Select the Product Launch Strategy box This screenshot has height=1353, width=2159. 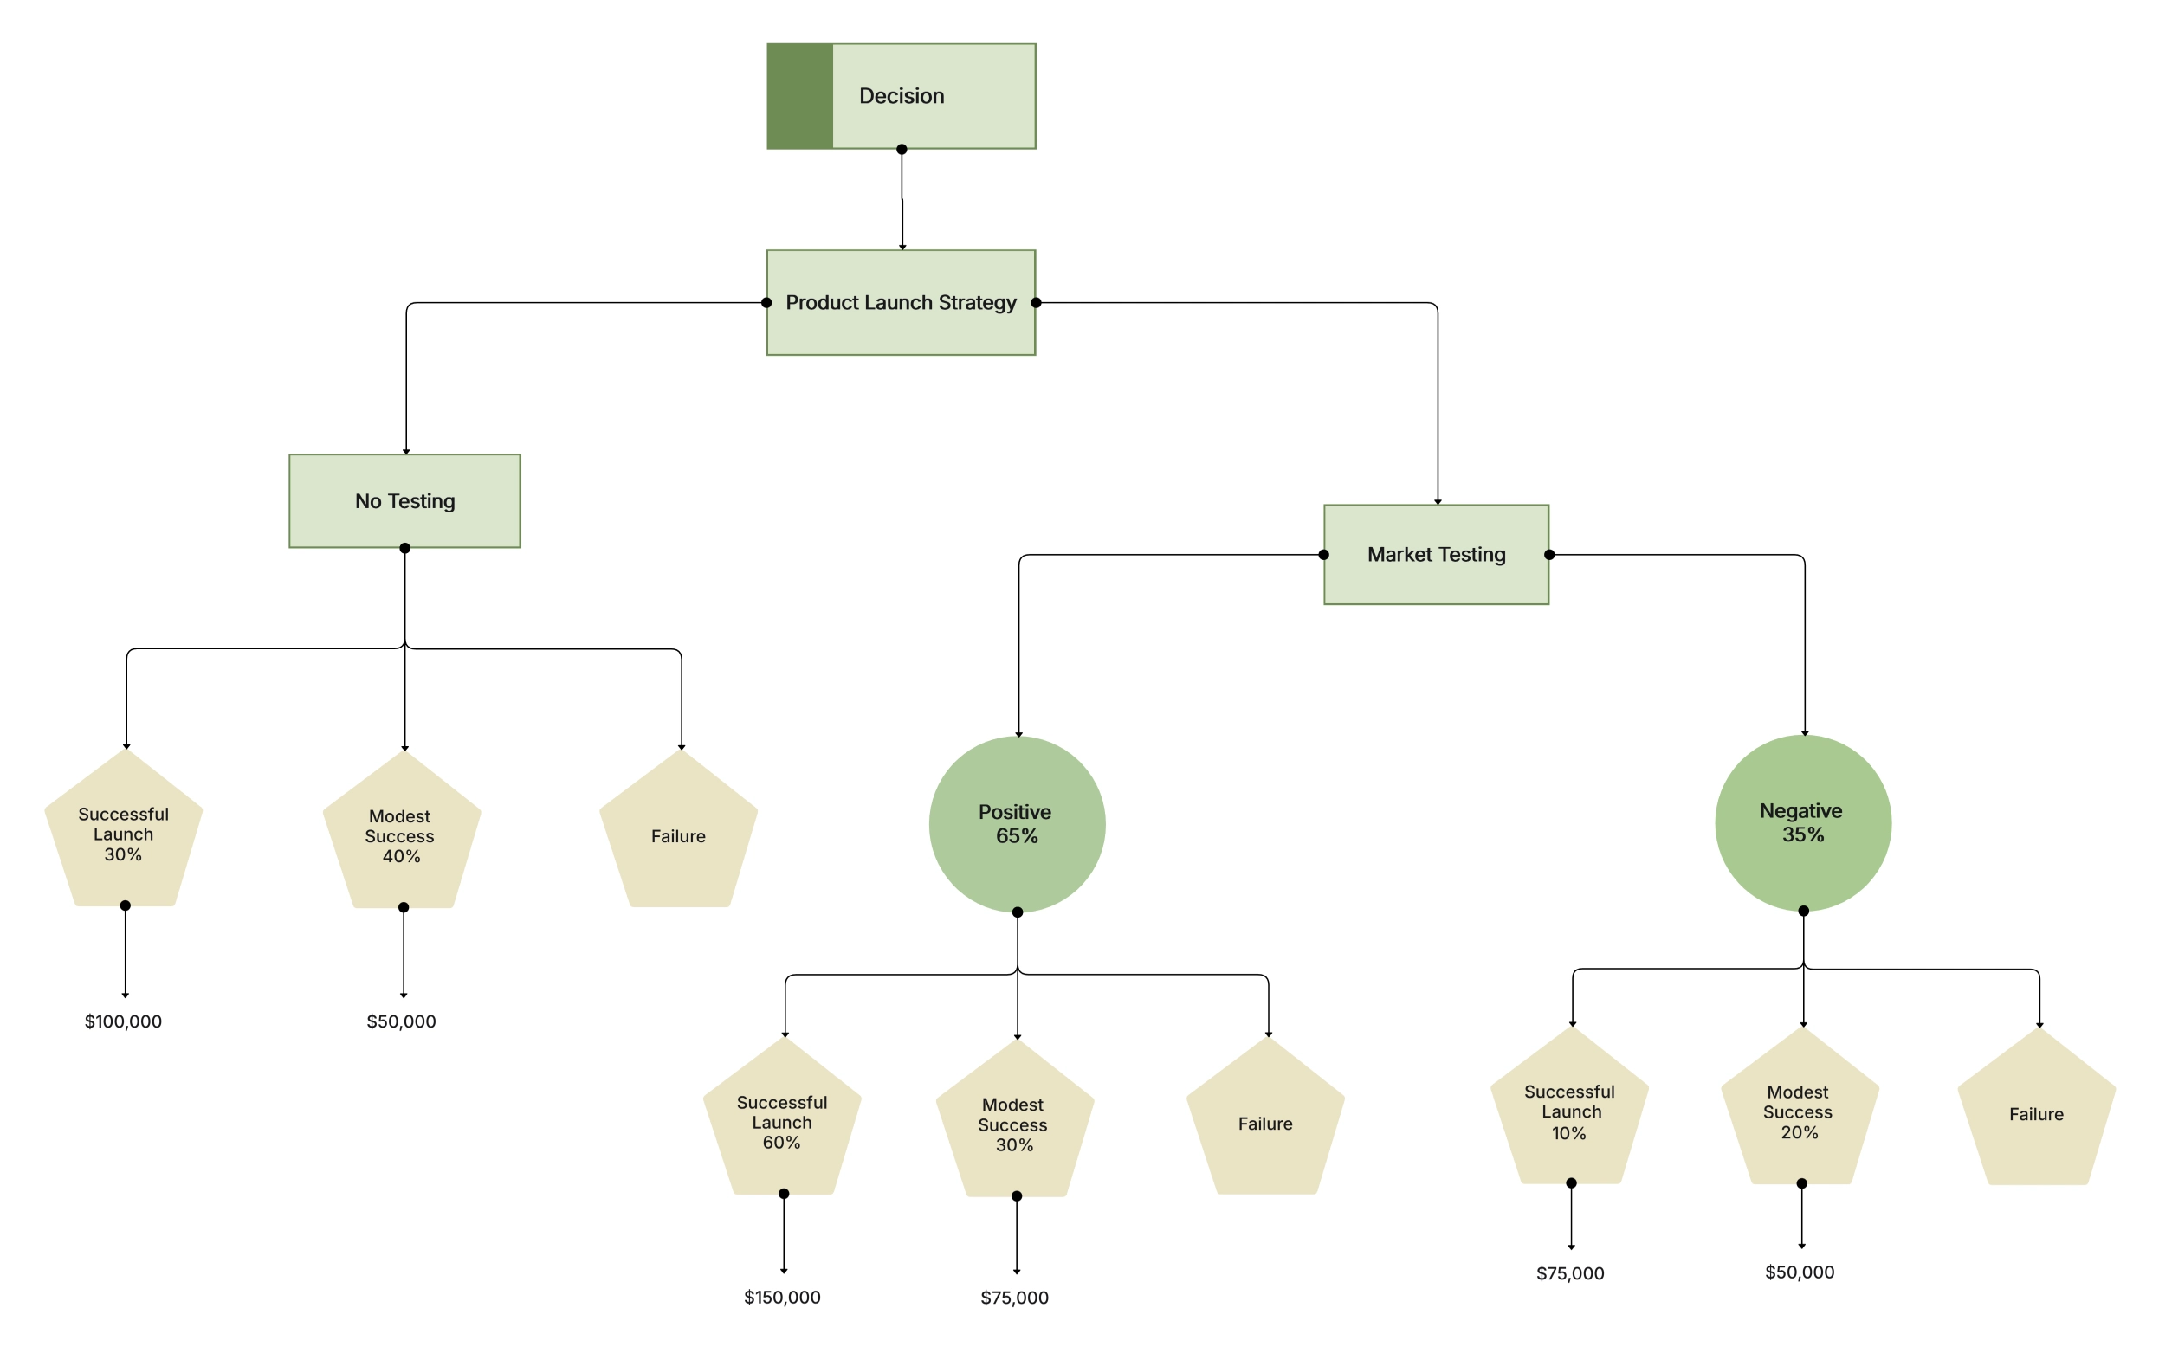[x=901, y=302]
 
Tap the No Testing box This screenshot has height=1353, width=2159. [x=404, y=501]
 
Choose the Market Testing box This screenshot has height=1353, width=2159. [x=1436, y=555]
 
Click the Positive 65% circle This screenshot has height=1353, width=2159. [x=1017, y=824]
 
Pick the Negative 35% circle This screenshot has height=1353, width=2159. [x=1803, y=822]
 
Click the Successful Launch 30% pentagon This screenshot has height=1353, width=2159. [x=124, y=834]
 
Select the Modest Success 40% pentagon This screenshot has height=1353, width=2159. [x=401, y=836]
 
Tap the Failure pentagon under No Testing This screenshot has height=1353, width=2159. [x=678, y=836]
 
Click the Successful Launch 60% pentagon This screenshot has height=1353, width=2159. [x=781, y=1122]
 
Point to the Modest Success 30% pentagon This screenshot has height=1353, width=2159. [x=1014, y=1124]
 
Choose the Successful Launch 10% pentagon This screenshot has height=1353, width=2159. [x=1569, y=1112]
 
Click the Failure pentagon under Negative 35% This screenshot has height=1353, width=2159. [x=2036, y=1114]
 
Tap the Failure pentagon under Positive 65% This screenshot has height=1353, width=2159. [x=1264, y=1123]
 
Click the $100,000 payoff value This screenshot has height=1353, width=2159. [x=124, y=1021]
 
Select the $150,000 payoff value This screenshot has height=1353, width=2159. [x=782, y=1297]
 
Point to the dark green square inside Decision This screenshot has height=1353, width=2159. [x=799, y=96]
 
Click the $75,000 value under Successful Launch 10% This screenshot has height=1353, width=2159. [x=1570, y=1273]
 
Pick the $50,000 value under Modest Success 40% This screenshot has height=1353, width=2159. [x=401, y=1021]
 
